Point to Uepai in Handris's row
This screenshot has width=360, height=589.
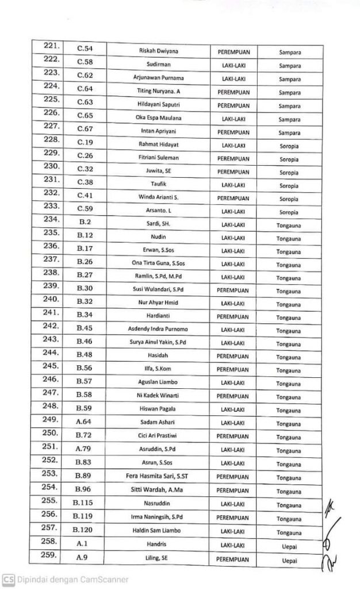(289, 544)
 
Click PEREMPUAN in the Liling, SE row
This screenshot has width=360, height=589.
(233, 558)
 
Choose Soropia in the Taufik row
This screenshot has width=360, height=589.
(289, 185)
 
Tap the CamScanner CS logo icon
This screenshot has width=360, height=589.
(7, 579)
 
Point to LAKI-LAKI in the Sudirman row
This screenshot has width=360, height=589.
(233, 65)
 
